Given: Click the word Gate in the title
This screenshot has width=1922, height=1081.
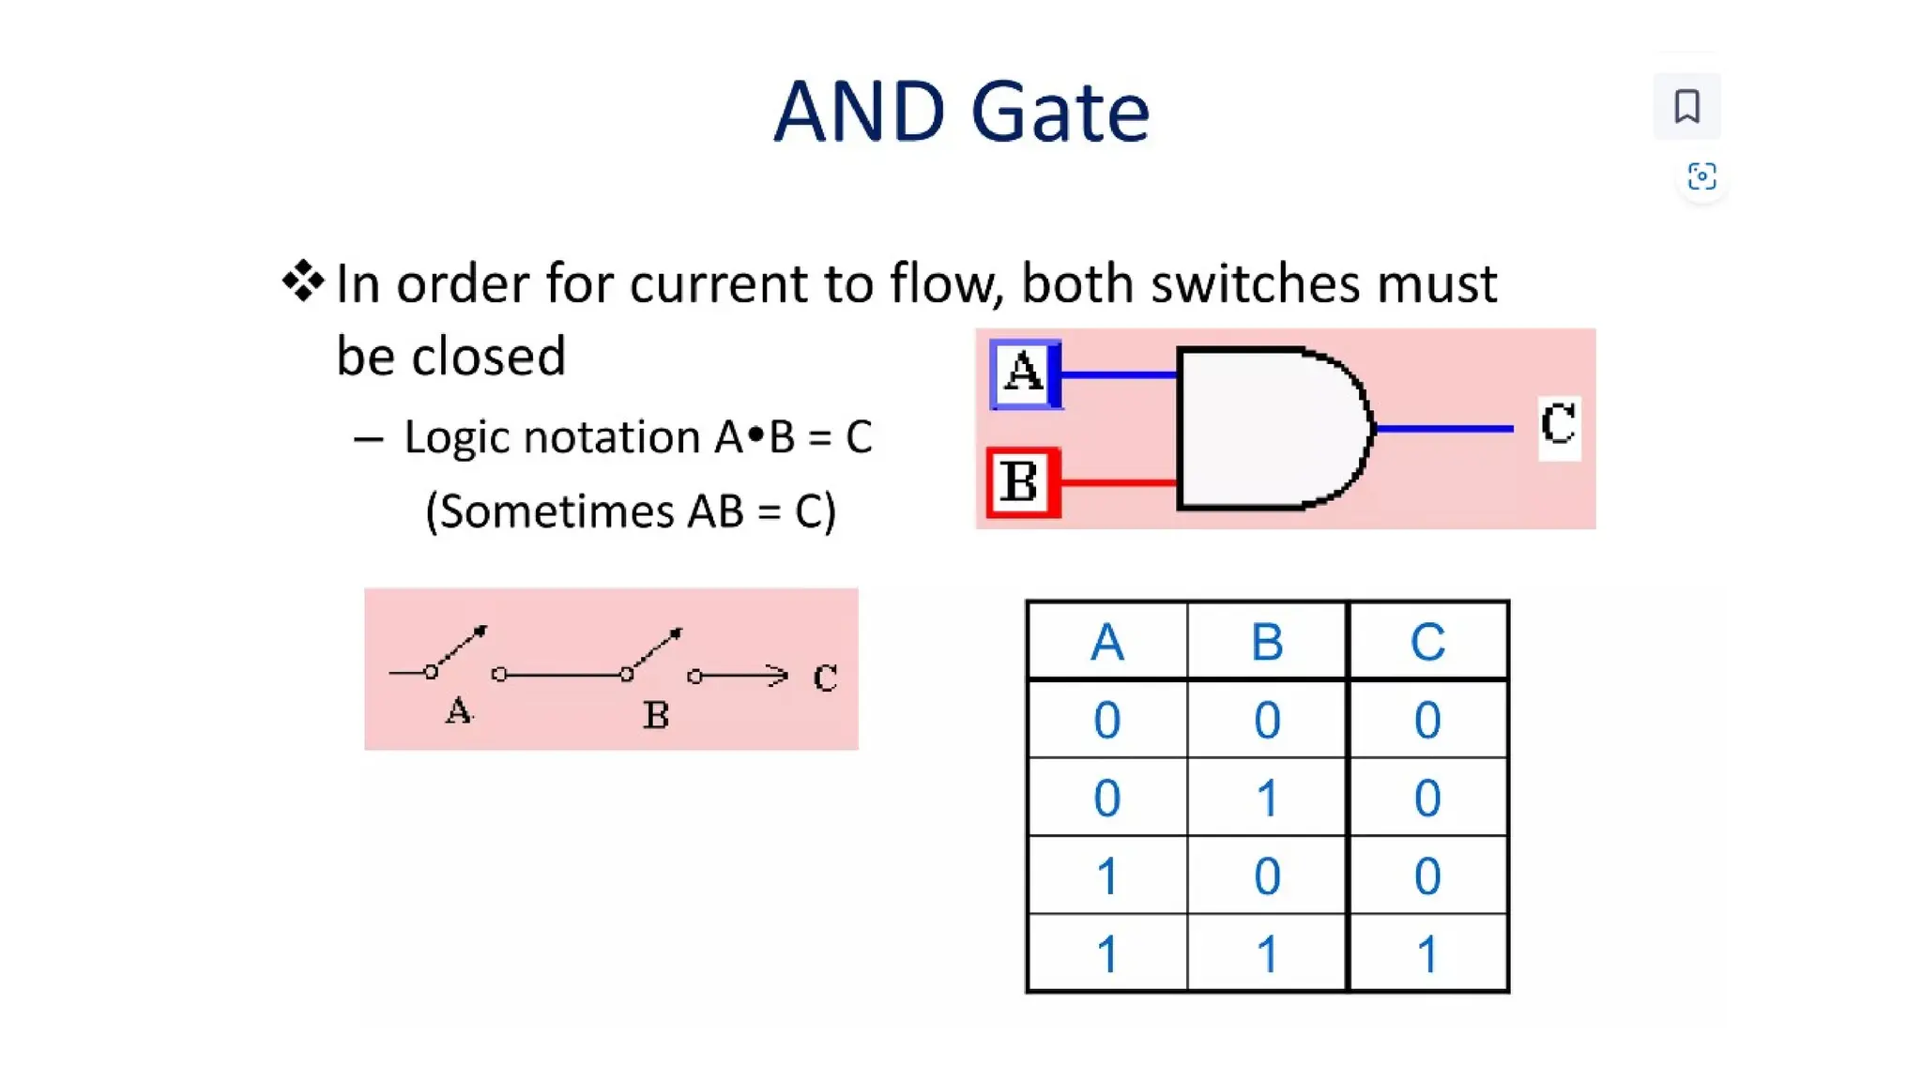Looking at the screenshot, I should pyautogui.click(x=1060, y=113).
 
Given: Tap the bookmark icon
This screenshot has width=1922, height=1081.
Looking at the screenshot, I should pyautogui.click(x=1686, y=106).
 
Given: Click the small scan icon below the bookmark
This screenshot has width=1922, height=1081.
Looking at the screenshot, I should pyautogui.click(x=1701, y=176).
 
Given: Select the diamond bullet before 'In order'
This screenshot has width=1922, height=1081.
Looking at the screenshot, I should pyautogui.click(x=302, y=282).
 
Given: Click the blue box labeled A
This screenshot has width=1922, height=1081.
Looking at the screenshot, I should pyautogui.click(x=1024, y=374).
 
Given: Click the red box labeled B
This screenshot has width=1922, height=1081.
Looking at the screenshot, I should pyautogui.click(x=1022, y=482).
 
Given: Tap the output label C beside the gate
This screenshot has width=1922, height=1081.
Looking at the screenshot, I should pyautogui.click(x=1559, y=427).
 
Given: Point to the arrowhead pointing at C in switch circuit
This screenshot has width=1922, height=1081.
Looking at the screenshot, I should pyautogui.click(x=778, y=675).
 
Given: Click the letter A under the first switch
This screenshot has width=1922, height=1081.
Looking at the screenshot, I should pyautogui.click(x=458, y=710).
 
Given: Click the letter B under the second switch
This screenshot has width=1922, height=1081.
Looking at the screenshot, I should pyautogui.click(x=656, y=715).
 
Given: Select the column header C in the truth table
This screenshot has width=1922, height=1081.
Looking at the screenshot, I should pyautogui.click(x=1427, y=643).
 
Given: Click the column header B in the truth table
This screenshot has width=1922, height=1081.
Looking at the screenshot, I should pyautogui.click(x=1267, y=643).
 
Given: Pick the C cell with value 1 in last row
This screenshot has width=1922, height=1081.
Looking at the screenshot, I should pyautogui.click(x=1427, y=954).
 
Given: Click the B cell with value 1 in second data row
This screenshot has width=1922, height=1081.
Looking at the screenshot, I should pyautogui.click(x=1267, y=799).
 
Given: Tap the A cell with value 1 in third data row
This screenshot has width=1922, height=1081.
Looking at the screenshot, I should pyautogui.click(x=1107, y=876).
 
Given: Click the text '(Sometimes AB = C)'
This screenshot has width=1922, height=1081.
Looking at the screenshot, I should pyautogui.click(x=631, y=512).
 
